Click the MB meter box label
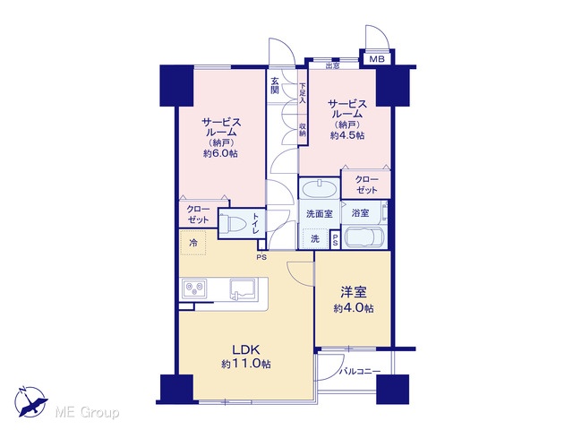[376, 59]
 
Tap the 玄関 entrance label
[275, 86]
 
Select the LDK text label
[246, 350]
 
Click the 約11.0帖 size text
[246, 364]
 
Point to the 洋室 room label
[354, 293]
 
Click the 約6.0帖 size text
[220, 153]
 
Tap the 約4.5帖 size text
[347, 135]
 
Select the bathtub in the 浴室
[364, 237]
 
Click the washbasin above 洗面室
[320, 189]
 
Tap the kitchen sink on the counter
[244, 288]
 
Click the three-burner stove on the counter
[194, 288]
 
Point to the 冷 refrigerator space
[193, 243]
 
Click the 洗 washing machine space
[314, 239]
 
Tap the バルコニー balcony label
[360, 372]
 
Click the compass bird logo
[30, 401]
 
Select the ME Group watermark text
[88, 413]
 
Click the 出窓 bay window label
[332, 65]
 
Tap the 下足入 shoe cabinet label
[303, 93]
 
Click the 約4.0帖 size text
[354, 308]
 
